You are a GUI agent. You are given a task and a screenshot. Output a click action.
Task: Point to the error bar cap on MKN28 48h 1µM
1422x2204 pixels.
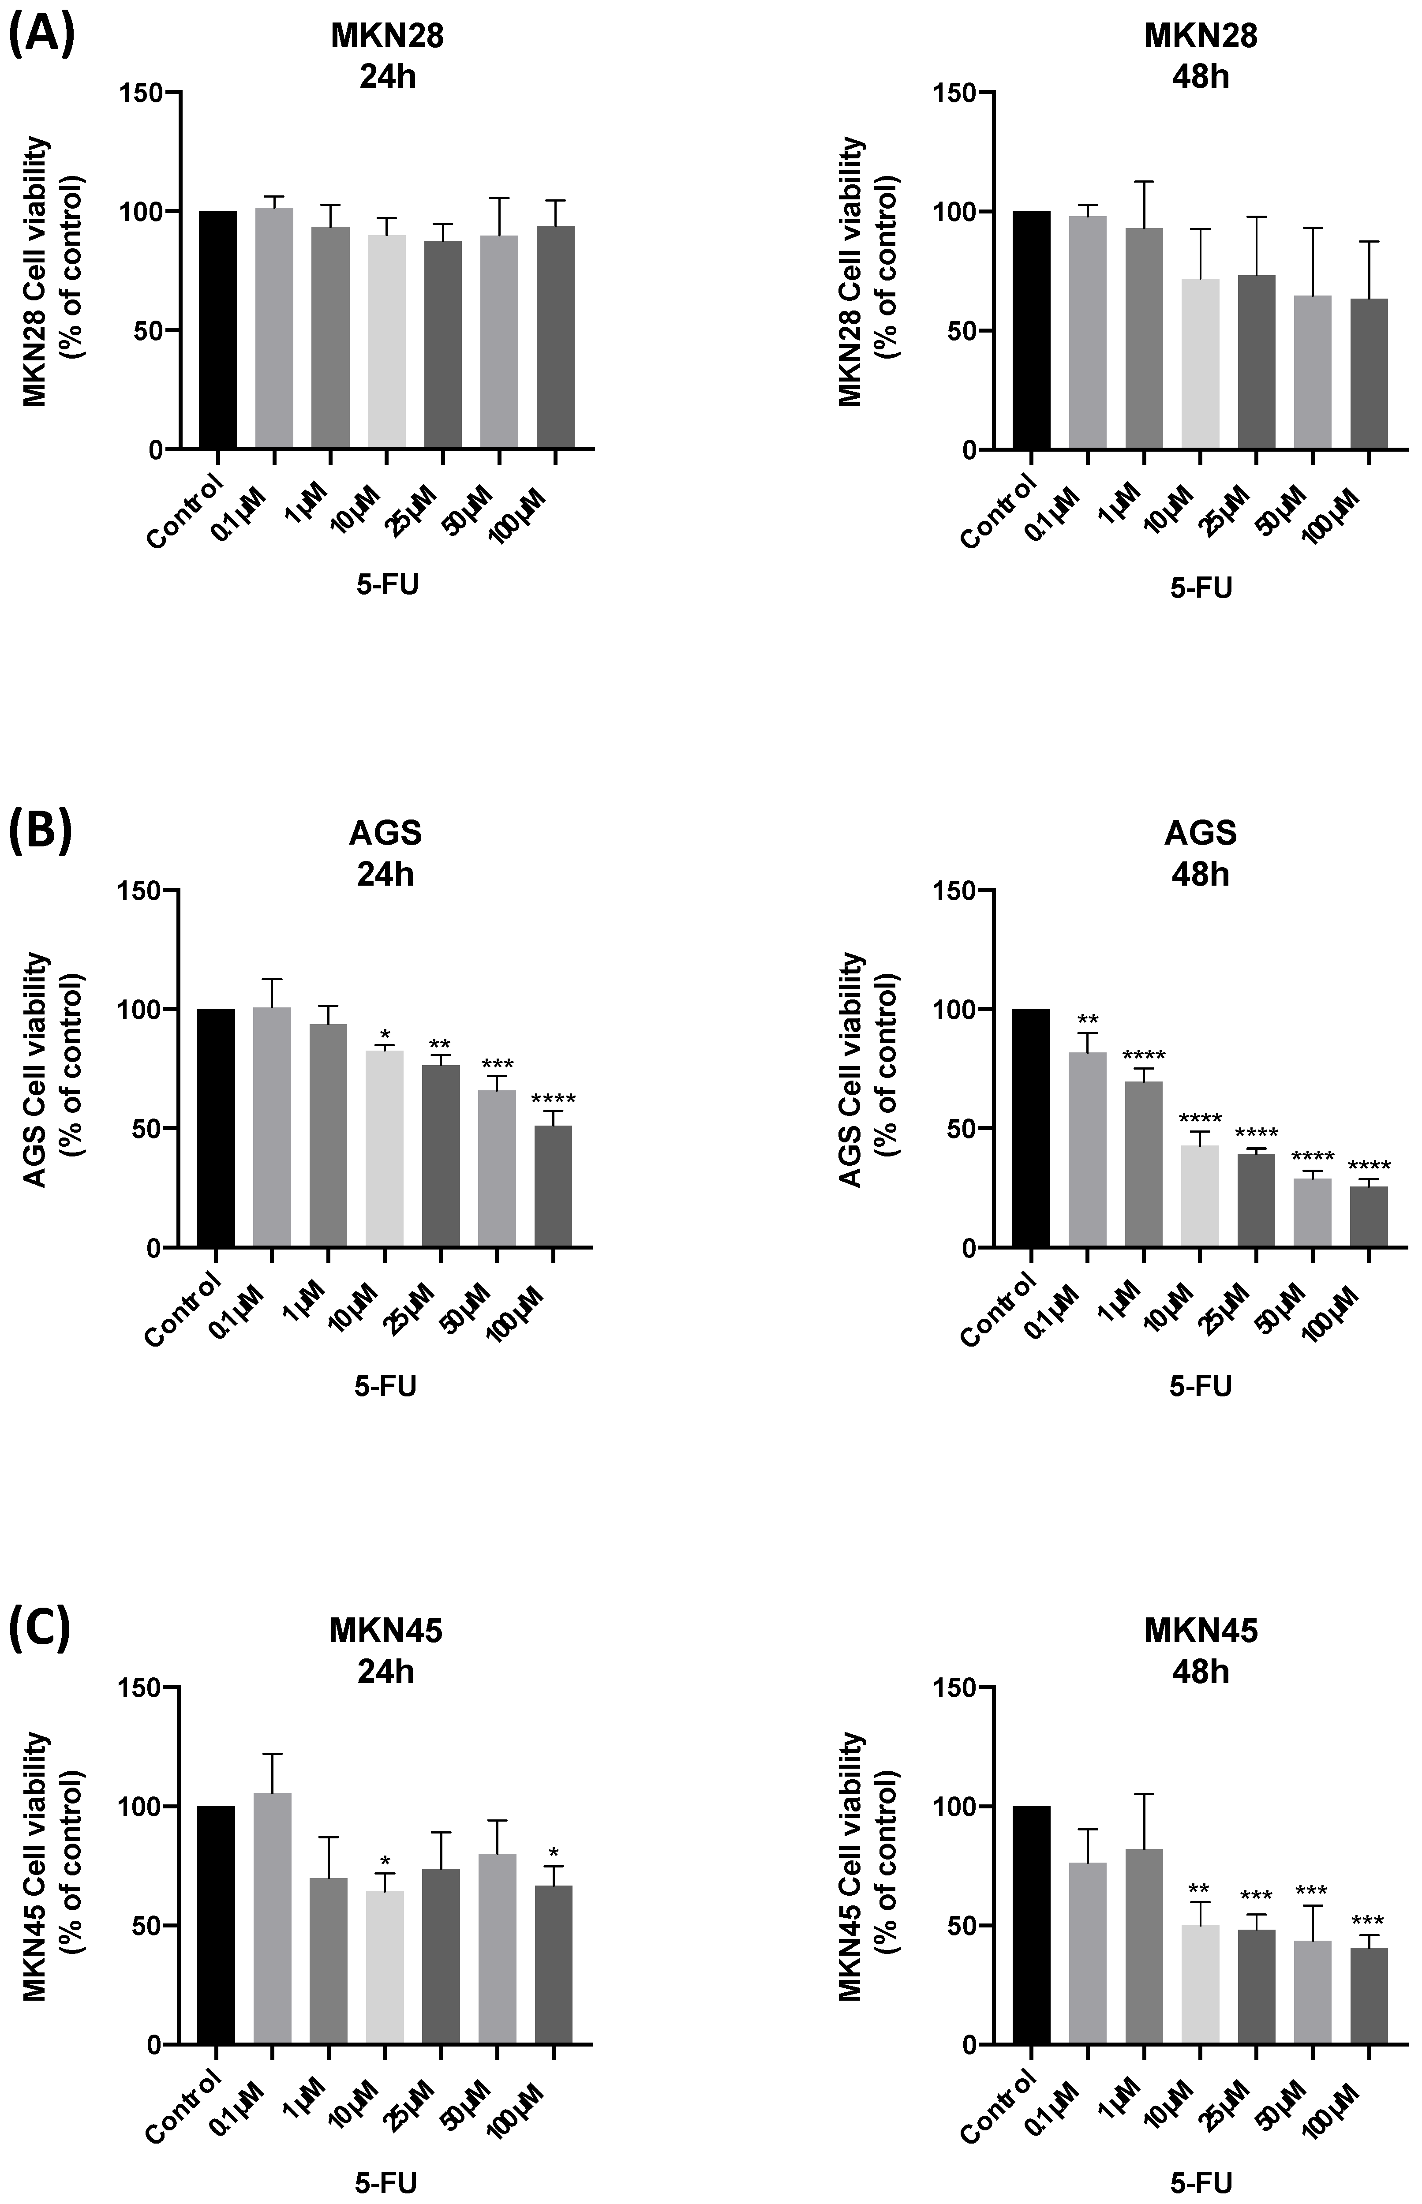pos(1144,182)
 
